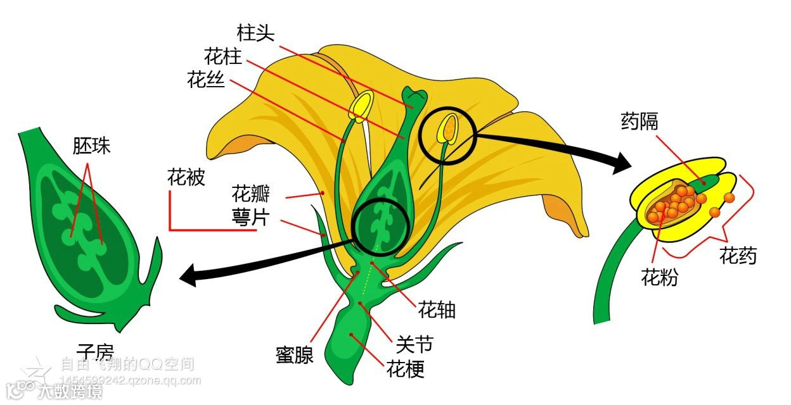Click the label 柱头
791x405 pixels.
256,33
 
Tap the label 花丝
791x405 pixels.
206,80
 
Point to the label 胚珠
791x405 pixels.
92,146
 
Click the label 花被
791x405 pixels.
186,178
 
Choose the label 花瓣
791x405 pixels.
251,192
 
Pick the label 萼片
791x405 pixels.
251,218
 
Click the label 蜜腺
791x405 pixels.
295,355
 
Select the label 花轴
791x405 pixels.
437,310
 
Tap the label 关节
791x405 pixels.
415,344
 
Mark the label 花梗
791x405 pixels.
406,368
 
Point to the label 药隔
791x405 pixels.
640,121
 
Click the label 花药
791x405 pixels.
738,256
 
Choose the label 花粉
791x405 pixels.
659,277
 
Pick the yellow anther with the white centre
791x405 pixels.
363,106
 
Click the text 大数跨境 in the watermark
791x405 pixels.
70,392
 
